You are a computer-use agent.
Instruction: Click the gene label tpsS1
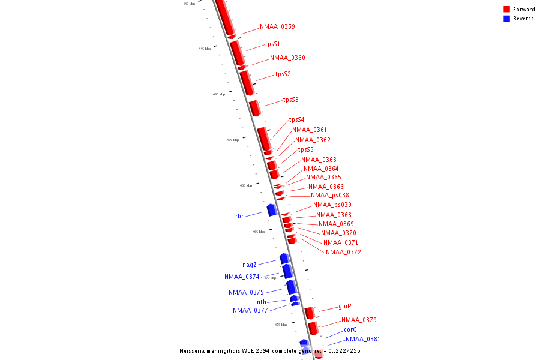(x=272, y=44)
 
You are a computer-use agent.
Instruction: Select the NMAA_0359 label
(x=277, y=26)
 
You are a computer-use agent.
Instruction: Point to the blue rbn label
(x=239, y=216)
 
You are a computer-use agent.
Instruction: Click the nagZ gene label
(x=250, y=265)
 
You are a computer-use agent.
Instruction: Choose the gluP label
(x=344, y=306)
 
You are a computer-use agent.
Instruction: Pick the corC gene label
(x=350, y=329)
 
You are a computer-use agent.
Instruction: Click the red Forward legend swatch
(x=506, y=10)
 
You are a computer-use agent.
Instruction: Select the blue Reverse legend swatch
(x=506, y=19)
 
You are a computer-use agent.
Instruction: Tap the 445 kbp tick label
(x=205, y=49)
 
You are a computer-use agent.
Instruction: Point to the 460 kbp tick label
(x=246, y=185)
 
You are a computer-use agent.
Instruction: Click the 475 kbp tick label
(x=281, y=325)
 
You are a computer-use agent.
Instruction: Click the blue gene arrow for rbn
(x=272, y=209)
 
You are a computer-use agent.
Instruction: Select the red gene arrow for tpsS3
(x=255, y=108)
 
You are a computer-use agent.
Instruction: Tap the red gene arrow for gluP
(x=310, y=313)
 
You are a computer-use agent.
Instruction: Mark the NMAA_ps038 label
(x=329, y=196)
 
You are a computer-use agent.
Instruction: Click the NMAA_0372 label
(x=343, y=252)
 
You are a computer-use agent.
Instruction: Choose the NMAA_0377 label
(x=250, y=310)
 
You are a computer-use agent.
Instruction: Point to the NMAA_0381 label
(x=362, y=339)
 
